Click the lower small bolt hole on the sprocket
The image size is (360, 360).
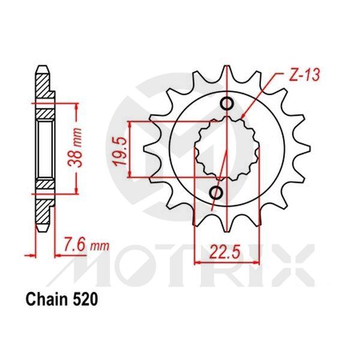(x=216, y=193)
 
